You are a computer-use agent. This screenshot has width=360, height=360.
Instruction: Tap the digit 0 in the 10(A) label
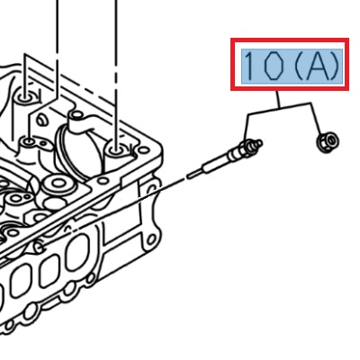pos(271,65)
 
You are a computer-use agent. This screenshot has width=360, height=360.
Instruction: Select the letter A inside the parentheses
pos(310,65)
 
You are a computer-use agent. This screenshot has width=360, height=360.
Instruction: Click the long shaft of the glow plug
pos(220,162)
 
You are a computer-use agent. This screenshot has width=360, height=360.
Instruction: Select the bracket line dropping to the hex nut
pos(314,119)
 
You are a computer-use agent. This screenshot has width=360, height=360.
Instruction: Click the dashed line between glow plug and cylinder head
pos(175,183)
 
